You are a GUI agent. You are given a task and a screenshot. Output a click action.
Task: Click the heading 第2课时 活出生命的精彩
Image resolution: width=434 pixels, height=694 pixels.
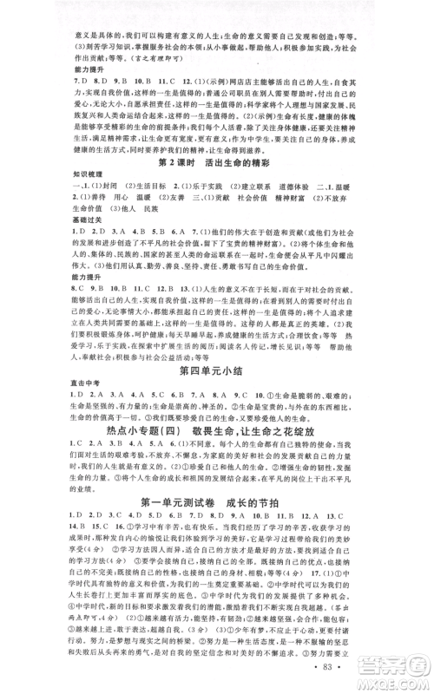tap(217, 162)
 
